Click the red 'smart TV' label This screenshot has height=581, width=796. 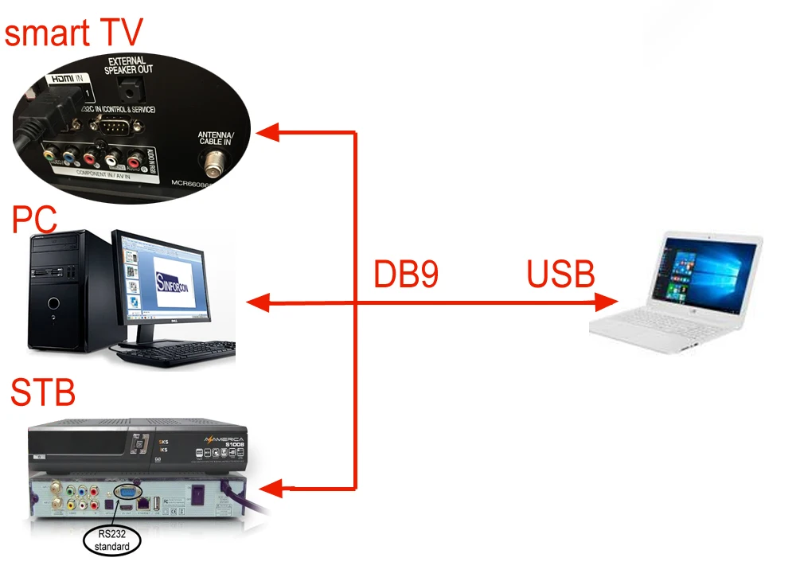73,33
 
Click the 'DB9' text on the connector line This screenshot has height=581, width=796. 406,274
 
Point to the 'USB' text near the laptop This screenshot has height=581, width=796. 560,274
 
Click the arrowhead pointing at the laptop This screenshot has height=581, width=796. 608,302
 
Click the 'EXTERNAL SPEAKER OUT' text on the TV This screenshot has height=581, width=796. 128,64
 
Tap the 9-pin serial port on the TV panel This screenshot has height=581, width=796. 115,125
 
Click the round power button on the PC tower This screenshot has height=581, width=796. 53,303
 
